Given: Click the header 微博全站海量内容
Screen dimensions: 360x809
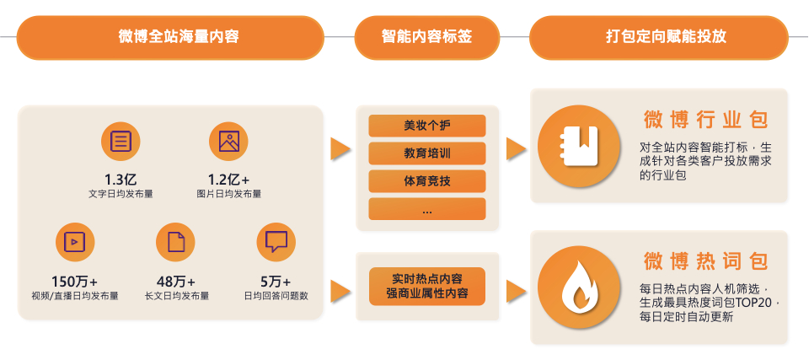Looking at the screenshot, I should [x=169, y=37].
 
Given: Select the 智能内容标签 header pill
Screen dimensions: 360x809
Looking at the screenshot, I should [x=426, y=37].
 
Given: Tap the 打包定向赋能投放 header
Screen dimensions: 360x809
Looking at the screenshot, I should [x=658, y=37].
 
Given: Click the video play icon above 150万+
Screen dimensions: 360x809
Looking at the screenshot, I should [x=74, y=241].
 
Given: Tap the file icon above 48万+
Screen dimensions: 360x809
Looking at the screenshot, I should [x=175, y=241].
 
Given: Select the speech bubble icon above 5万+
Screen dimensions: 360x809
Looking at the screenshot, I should [x=276, y=241].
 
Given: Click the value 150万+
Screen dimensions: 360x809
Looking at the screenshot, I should [x=74, y=281].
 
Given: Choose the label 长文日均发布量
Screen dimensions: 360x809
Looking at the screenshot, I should [x=176, y=296].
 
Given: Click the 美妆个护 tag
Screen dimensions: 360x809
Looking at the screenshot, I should [x=426, y=126].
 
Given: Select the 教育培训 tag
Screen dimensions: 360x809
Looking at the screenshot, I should [x=426, y=153].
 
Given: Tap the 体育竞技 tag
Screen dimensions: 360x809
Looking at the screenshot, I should [x=426, y=181].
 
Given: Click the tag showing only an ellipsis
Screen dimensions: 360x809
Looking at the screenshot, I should [x=426, y=209].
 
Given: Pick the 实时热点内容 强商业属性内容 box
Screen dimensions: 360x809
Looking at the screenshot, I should [x=426, y=286].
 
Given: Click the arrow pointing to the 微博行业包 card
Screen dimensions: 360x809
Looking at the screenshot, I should [x=516, y=148].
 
